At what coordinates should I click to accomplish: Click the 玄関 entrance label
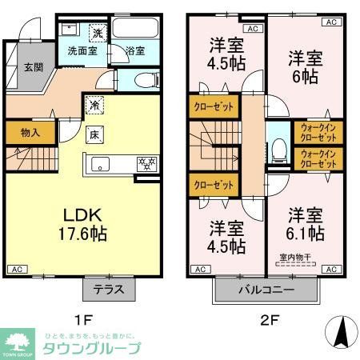tap(31, 68)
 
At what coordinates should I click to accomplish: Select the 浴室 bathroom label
tap(135, 51)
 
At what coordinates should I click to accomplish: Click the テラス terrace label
tap(109, 290)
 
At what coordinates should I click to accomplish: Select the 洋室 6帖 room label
tap(304, 66)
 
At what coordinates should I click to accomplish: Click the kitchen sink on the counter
tap(102, 165)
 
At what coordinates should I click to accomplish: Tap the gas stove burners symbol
tap(146, 165)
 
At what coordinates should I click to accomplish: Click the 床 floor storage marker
tap(94, 134)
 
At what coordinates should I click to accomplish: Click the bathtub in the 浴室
tap(135, 30)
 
